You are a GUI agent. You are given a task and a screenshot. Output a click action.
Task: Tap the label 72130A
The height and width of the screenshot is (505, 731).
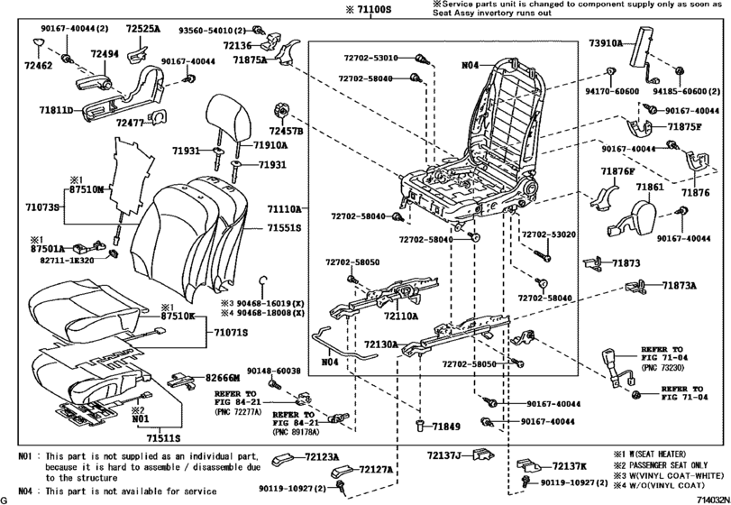coord(382,344)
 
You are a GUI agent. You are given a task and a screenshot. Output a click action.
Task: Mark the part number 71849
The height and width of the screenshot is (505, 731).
coord(445,425)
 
